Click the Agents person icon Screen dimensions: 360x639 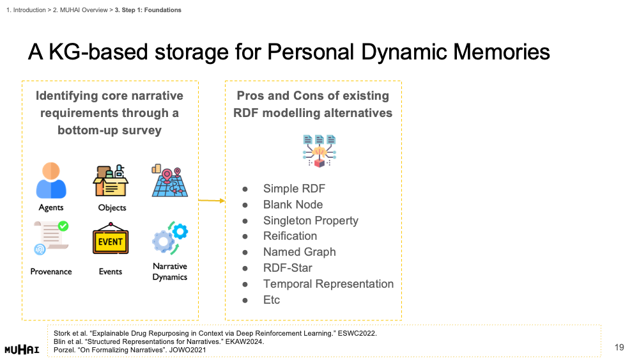pyautogui.click(x=51, y=180)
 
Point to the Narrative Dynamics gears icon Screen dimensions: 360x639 pyautogui.click(x=169, y=239)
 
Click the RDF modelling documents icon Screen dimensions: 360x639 pyautogui.click(x=319, y=150)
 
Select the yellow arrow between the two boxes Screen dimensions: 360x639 pyautogui.click(x=212, y=201)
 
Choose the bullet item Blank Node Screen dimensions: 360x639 pyautogui.click(x=293, y=205)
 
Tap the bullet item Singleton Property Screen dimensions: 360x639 pyautogui.click(x=311, y=221)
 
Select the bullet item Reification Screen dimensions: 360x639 pyautogui.click(x=290, y=236)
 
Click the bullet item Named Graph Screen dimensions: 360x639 pyautogui.click(x=299, y=252)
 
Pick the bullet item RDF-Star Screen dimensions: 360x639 pyautogui.click(x=288, y=268)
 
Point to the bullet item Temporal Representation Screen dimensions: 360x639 pyautogui.click(x=328, y=284)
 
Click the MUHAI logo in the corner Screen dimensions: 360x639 pyautogui.click(x=22, y=349)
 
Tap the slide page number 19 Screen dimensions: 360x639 pyautogui.click(x=619, y=347)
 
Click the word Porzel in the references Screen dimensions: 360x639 pyautogui.click(x=63, y=349)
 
